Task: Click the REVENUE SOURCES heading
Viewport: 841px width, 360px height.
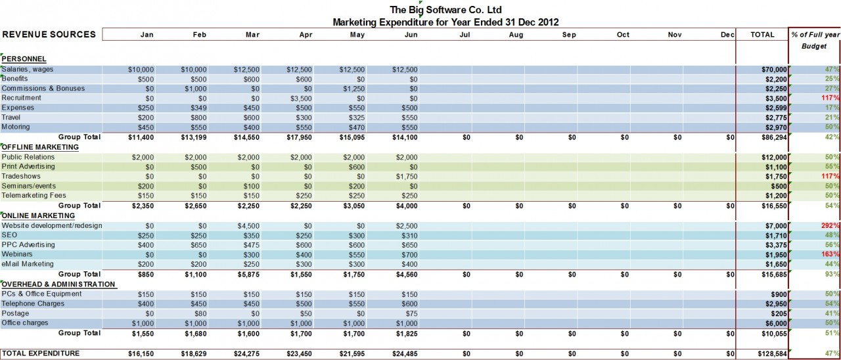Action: click(x=49, y=35)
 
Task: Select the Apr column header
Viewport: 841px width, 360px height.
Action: click(x=306, y=35)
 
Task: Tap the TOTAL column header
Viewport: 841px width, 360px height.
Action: click(x=762, y=35)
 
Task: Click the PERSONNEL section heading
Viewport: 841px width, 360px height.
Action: click(x=24, y=59)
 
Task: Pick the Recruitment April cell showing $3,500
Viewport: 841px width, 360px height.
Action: click(x=302, y=98)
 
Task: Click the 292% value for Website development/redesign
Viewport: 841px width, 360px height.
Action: click(x=830, y=225)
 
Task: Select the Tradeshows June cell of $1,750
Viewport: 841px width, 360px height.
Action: click(x=406, y=177)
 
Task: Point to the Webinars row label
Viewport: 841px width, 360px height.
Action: click(x=16, y=254)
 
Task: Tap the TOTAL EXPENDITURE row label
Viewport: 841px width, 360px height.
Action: click(x=41, y=353)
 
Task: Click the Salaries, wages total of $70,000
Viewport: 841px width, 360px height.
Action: click(x=772, y=69)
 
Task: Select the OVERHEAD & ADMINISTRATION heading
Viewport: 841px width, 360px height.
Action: click(x=58, y=284)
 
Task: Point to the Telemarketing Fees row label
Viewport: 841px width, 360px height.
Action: click(x=33, y=196)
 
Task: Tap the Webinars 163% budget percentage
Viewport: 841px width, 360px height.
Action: click(x=830, y=254)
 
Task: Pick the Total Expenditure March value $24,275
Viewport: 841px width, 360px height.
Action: click(x=246, y=354)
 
